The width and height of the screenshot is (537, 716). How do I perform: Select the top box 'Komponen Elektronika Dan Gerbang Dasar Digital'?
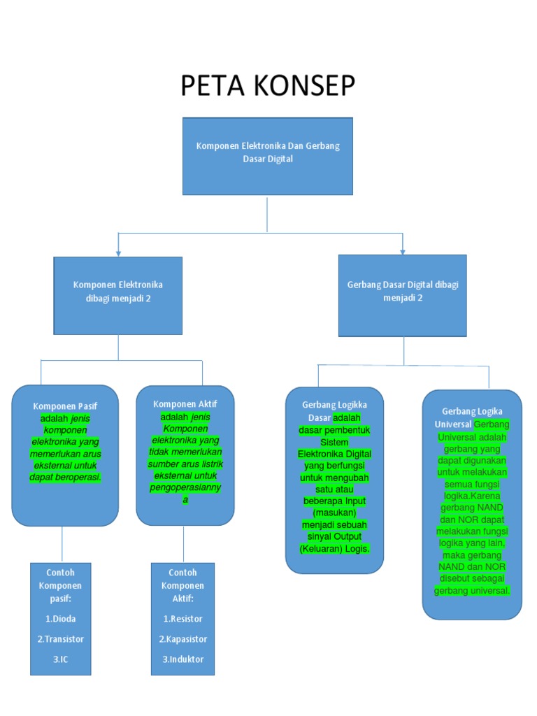click(x=268, y=155)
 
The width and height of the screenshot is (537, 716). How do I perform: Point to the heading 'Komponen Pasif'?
click(x=65, y=406)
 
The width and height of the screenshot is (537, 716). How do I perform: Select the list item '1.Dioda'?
click(x=60, y=618)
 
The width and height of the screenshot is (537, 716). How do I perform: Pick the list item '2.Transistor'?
click(x=60, y=638)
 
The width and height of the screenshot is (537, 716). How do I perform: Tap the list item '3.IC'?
click(x=60, y=659)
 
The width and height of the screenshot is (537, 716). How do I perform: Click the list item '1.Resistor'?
click(x=183, y=618)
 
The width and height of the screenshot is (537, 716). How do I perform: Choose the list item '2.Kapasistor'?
click(x=183, y=638)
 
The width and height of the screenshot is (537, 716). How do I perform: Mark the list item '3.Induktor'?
click(x=183, y=659)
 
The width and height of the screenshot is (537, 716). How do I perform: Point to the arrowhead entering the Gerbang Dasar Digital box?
click(x=403, y=250)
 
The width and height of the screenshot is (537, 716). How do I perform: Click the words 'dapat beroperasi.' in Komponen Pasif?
click(x=65, y=478)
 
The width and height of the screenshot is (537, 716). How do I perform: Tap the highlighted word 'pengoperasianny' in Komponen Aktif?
click(x=185, y=487)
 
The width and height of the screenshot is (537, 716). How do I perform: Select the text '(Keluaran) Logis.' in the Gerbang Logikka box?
click(x=334, y=549)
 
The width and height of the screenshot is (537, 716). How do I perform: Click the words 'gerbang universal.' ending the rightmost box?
click(x=472, y=591)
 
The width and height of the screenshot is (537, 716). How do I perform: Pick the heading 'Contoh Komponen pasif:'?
click(x=60, y=585)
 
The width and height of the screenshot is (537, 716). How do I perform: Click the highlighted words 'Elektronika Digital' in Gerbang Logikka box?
click(x=334, y=454)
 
